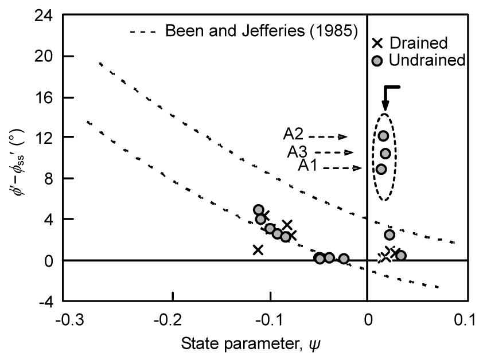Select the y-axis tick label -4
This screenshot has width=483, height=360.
click(x=45, y=301)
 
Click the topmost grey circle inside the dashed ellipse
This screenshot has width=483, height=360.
click(x=383, y=136)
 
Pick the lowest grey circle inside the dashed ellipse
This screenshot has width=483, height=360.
click(x=381, y=169)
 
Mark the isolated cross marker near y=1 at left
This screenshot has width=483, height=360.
click(x=258, y=249)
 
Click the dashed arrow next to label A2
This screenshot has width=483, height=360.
click(x=328, y=137)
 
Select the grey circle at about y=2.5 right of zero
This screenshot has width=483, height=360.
click(x=389, y=234)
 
